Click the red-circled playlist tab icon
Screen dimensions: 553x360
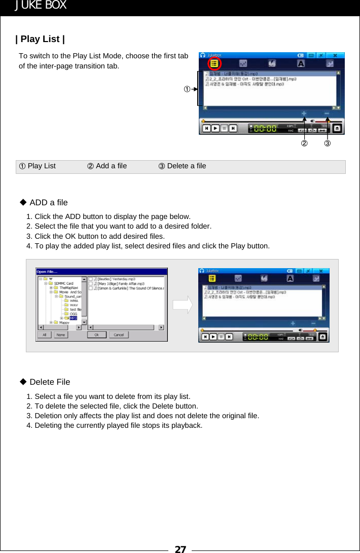click(x=214, y=64)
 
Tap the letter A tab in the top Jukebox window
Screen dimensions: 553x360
click(x=301, y=64)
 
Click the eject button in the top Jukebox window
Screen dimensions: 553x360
click(x=337, y=129)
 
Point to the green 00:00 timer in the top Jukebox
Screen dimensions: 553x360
click(x=265, y=129)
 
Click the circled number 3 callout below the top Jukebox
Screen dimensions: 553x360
click(x=328, y=144)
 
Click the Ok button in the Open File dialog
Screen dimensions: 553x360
click(x=96, y=335)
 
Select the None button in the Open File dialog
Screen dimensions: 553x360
click(x=60, y=335)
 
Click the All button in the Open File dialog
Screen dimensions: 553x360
click(x=45, y=335)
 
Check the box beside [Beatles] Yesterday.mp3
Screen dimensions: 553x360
click(x=91, y=279)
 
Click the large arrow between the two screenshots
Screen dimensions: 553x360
click(x=183, y=305)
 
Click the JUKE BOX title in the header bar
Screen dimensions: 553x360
click(x=40, y=6)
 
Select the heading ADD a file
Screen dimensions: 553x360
click(x=48, y=203)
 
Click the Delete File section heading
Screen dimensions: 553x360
click(x=50, y=382)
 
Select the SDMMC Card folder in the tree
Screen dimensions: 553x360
click(x=63, y=283)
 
